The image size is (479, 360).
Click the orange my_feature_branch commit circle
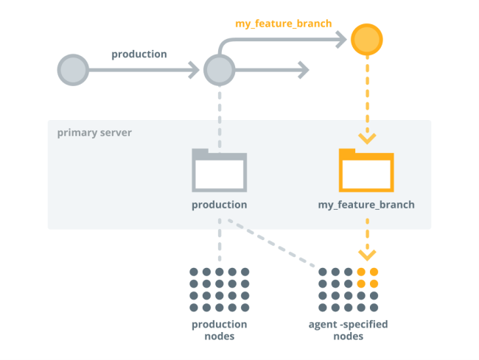pos(366,40)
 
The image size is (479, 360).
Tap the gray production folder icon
pos(219,171)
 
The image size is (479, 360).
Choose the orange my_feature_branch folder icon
pos(366,171)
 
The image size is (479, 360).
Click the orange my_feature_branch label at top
pos(283,24)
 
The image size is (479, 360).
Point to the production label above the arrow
pos(139,54)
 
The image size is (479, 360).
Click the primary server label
pos(94,133)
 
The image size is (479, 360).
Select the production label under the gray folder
pos(219,205)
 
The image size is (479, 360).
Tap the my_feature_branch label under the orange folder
pos(366,205)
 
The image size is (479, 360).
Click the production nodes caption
pos(219,330)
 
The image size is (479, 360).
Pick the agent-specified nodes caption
pos(349,330)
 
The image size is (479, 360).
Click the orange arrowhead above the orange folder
pos(366,138)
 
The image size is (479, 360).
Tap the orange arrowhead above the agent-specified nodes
pos(366,255)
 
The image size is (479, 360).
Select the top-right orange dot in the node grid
pos(374,272)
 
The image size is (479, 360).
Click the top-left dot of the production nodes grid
pos(194,272)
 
